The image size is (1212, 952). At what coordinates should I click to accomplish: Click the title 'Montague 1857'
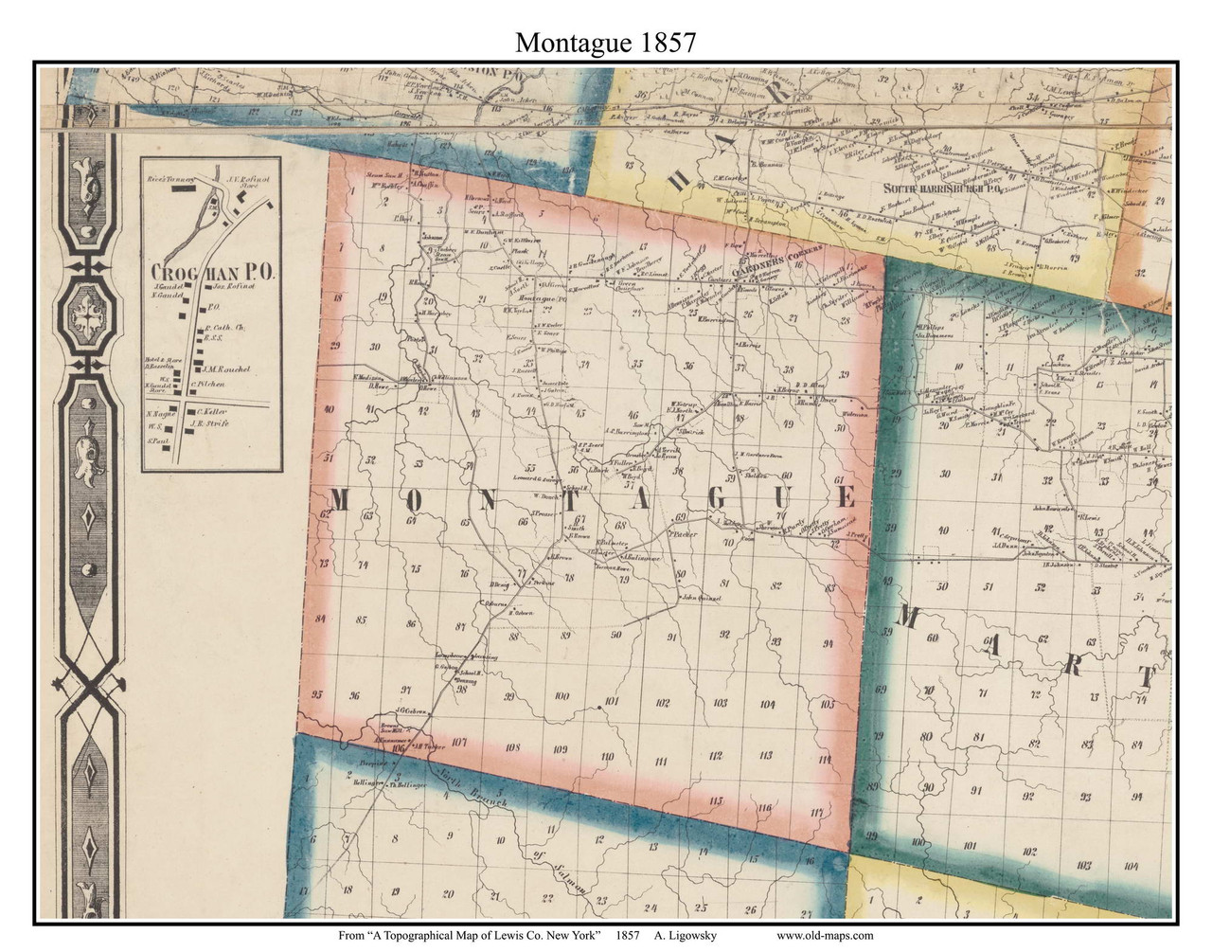pyautogui.click(x=605, y=42)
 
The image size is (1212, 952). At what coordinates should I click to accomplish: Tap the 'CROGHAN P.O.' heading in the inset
pyautogui.click(x=212, y=271)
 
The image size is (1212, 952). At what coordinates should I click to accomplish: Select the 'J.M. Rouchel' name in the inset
pyautogui.click(x=223, y=368)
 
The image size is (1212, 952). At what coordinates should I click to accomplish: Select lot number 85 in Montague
pyautogui.click(x=361, y=620)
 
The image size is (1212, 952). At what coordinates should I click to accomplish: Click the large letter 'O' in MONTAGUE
pyautogui.click(x=415, y=502)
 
